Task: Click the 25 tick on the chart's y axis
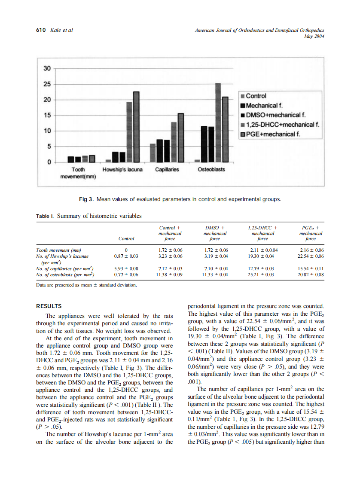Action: [x=47, y=84]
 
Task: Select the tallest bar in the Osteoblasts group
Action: [x=218, y=122]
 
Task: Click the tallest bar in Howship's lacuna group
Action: [x=136, y=127]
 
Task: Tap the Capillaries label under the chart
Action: [x=167, y=170]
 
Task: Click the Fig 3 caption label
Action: [x=84, y=199]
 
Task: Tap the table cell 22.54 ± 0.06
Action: [x=311, y=256]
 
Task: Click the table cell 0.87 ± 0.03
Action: [x=126, y=256]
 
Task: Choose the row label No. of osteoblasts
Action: [x=64, y=274]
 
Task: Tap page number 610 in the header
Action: [x=40, y=30]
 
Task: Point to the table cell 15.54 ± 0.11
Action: [x=311, y=268]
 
